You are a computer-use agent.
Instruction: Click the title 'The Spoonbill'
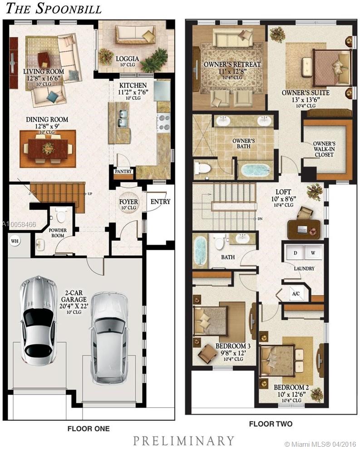point(51,8)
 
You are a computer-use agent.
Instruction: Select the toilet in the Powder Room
point(61,216)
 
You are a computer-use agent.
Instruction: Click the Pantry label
point(123,172)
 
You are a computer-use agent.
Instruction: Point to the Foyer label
point(128,202)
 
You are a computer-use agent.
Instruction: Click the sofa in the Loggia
point(135,34)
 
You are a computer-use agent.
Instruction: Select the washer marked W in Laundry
point(313,252)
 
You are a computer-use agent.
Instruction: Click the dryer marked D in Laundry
point(295,252)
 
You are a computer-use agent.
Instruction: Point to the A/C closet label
point(296,294)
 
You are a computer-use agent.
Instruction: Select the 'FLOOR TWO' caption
point(271,424)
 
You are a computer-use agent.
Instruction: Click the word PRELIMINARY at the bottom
point(183,440)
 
